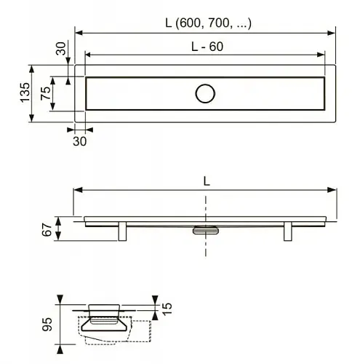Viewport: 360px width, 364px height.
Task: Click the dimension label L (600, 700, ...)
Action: (208, 23)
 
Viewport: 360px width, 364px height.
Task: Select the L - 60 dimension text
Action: (207, 47)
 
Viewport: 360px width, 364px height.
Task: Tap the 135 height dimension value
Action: (25, 92)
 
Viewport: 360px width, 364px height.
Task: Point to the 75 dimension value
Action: (46, 93)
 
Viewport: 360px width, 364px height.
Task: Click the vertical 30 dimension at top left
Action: (61, 48)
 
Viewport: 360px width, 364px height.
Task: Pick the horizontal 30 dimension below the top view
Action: (79, 141)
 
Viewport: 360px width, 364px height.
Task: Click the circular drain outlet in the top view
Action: (205, 94)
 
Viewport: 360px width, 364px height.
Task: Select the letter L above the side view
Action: (207, 181)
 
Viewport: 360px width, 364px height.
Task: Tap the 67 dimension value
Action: (47, 229)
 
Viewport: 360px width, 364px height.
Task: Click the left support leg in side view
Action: (122, 232)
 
